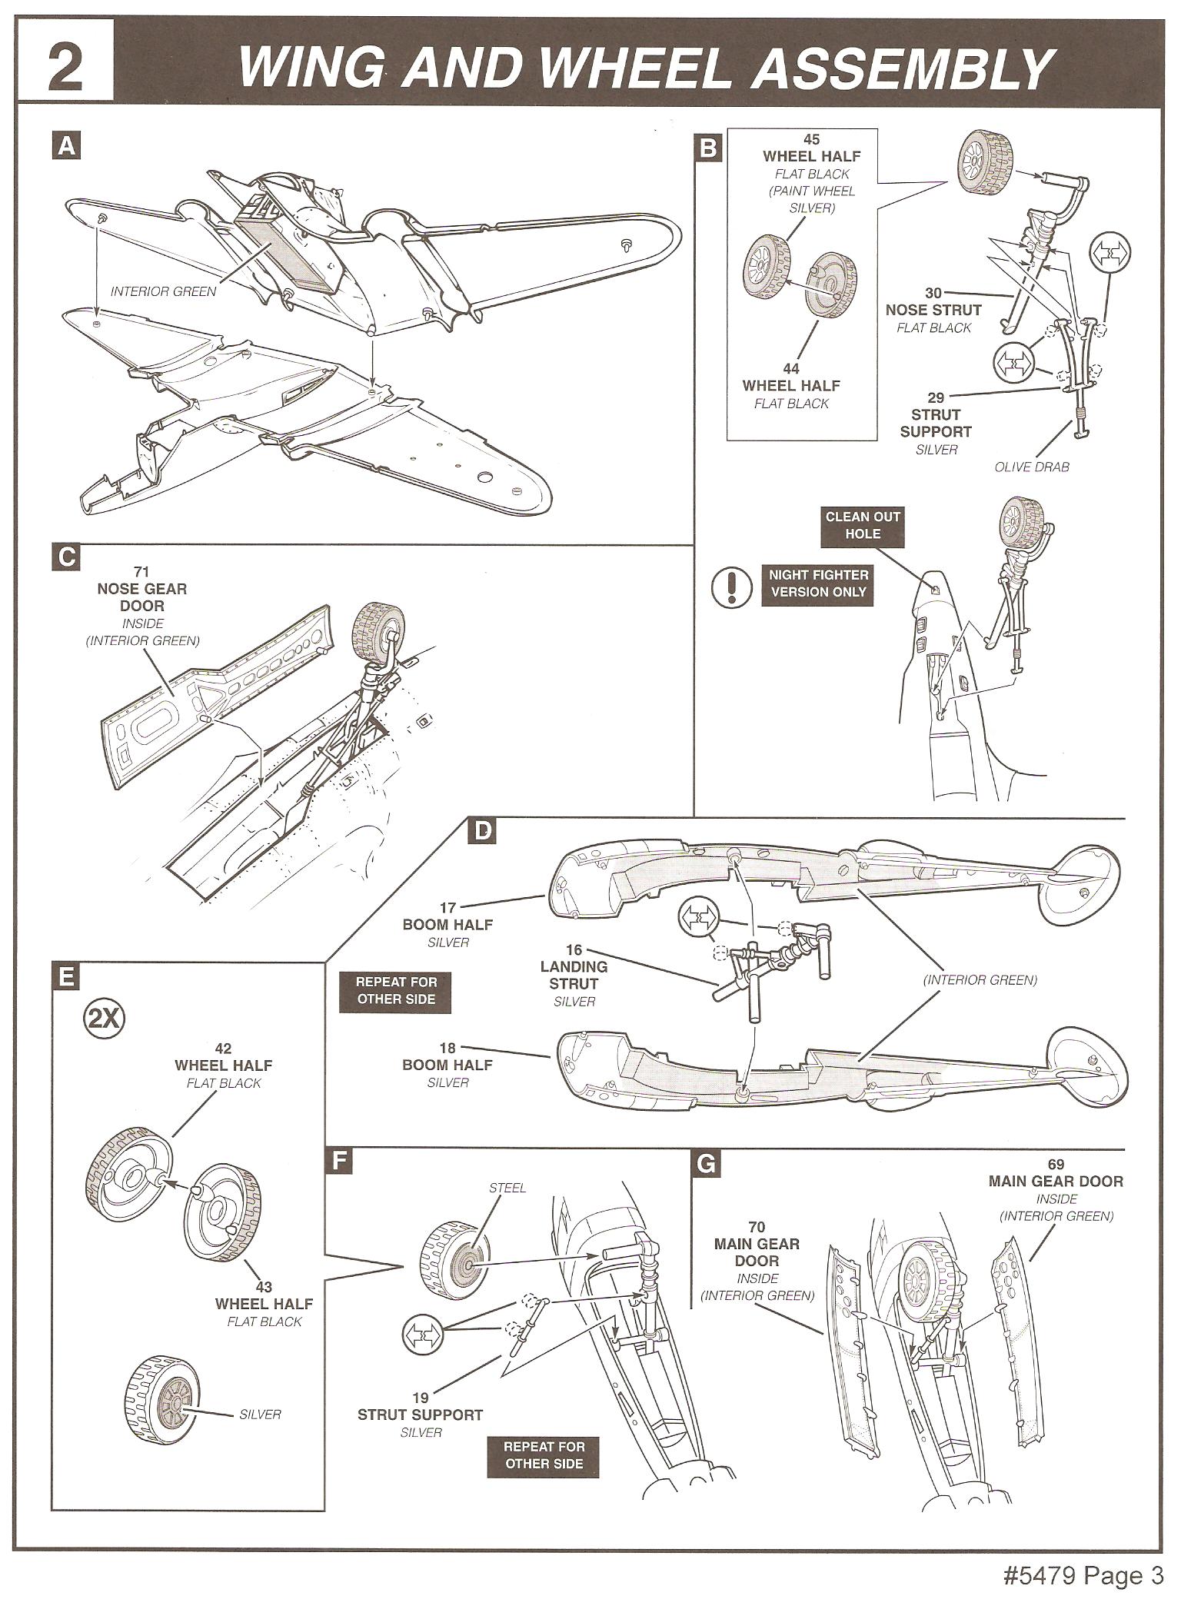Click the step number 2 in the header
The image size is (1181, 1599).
[x=65, y=68]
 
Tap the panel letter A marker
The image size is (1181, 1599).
[x=67, y=146]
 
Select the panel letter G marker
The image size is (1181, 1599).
[x=707, y=1164]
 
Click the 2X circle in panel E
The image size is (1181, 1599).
[x=102, y=1019]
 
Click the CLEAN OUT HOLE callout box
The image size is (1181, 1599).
[x=862, y=525]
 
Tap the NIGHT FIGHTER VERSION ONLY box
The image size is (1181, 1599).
[x=818, y=583]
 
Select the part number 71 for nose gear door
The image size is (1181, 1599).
[x=141, y=571]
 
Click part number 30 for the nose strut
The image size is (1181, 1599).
[x=933, y=294]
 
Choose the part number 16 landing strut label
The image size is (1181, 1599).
[x=574, y=950]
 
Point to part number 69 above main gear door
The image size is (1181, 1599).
[x=1055, y=1164]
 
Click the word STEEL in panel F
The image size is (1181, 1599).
[x=507, y=1188]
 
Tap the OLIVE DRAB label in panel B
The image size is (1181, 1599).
[x=1032, y=467]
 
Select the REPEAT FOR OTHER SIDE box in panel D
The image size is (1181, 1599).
[x=396, y=990]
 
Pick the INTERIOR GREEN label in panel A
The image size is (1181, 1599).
[x=164, y=291]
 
